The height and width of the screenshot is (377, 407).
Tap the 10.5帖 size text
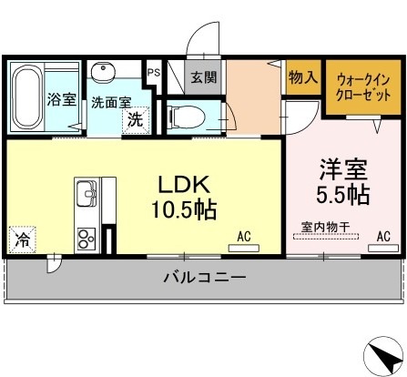(184, 210)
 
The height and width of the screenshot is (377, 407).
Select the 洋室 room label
(341, 168)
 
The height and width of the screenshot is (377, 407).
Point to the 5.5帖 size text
(342, 194)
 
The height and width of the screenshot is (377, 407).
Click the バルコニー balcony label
(205, 278)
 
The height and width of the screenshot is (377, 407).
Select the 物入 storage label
(301, 78)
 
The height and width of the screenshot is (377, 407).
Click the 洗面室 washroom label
(109, 103)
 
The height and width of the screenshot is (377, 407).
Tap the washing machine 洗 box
(134, 118)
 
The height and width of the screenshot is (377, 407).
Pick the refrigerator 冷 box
(21, 240)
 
